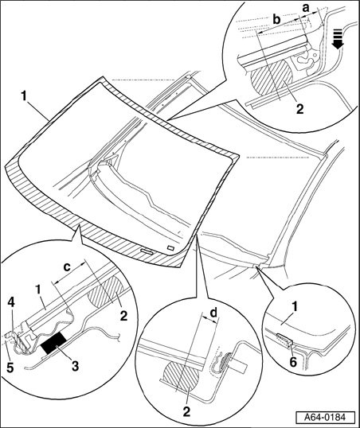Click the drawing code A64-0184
coord(325,418)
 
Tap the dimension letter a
coord(306,8)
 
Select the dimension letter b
coord(277,20)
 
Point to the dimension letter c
coord(67,267)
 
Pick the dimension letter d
coord(213,313)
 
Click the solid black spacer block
coord(53,344)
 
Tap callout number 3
coord(75,365)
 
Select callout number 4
coord(11,302)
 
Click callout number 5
coord(10,368)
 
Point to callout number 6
coord(293,362)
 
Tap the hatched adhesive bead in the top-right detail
coord(271,78)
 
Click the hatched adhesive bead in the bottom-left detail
coord(105,290)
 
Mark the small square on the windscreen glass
coord(171,247)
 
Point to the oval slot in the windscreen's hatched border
coord(147,251)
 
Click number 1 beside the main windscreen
coord(24,96)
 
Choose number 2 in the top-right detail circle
coord(299,109)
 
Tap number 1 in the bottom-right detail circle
coord(294,307)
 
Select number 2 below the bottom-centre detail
coord(186,411)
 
